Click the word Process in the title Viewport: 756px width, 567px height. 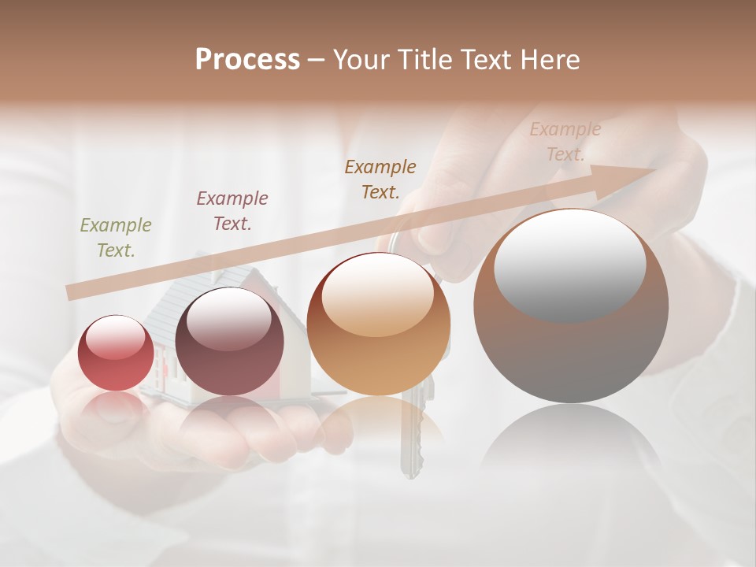coord(247,60)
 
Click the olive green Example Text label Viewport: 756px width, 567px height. coord(116,238)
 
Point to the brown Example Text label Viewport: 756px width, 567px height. coord(380,180)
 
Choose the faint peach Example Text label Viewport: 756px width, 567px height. coord(565,142)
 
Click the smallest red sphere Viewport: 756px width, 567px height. coord(116,353)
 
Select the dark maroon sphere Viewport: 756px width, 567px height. coord(229,341)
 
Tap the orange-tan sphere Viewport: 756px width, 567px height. coord(379,324)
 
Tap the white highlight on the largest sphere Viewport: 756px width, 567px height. coord(569,265)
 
